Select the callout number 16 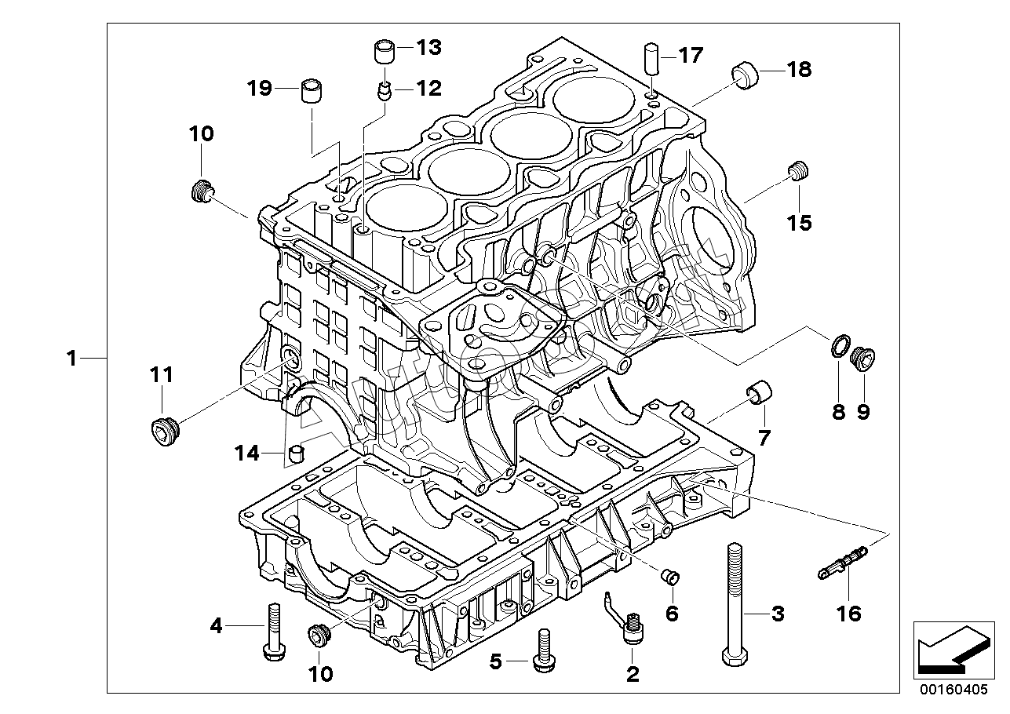coord(849,613)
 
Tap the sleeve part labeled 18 coord(746,76)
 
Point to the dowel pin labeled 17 coord(651,60)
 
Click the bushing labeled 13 coord(384,53)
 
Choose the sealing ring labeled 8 coord(839,345)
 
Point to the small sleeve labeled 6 coord(669,577)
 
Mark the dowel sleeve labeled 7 coord(760,392)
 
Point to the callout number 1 coord(71,359)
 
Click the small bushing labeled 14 coord(297,453)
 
